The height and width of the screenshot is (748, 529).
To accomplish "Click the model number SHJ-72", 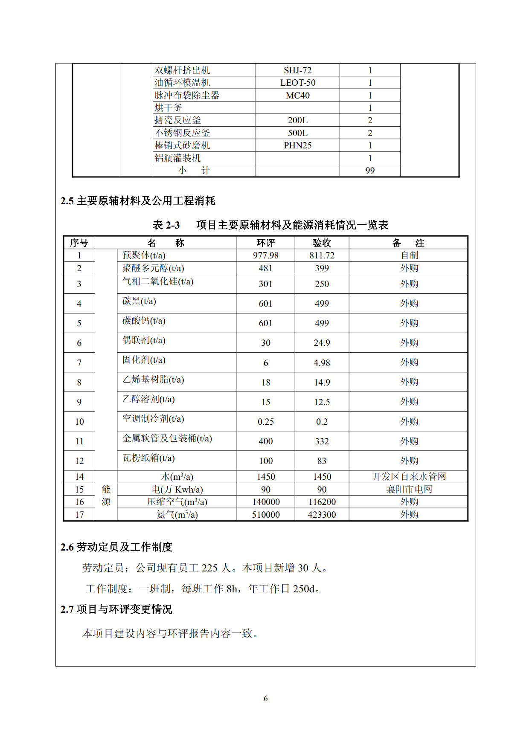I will pos(297,70).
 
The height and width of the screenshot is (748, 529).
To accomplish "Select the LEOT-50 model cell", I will pos(297,83).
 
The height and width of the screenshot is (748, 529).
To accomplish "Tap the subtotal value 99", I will pos(370,171).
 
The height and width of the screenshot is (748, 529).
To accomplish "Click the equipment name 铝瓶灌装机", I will pos(177,158).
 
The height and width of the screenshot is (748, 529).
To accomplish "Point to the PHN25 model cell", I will pos(297,145).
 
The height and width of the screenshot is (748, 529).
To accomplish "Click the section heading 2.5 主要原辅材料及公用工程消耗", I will pos(138,201).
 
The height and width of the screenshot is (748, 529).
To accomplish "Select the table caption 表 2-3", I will pos(166,225).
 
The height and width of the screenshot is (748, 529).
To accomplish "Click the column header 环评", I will pos(265,243).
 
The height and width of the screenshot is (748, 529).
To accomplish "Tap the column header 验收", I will pos(322,243).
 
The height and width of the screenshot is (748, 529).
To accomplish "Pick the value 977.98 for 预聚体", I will pos(265,255).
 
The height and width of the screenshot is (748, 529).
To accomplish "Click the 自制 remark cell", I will pos(409,255).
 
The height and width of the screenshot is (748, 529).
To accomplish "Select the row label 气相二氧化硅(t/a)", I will pos(157,281).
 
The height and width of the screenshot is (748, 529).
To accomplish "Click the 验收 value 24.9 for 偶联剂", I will pos(322,343).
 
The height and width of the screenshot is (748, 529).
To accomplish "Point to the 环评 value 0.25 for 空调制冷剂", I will pos(265,422).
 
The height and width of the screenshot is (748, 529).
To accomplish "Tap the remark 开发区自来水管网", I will pos(409,477).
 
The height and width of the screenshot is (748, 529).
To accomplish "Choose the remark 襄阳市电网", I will pos(409,490).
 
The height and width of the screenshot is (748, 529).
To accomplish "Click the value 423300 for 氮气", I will pos(322,515).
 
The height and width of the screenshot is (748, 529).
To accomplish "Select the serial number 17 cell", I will pos(79,515).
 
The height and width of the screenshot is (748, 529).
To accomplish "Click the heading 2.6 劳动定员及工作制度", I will pos(116,547).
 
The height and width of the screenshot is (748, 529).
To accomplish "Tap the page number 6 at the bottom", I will pos(265,699).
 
